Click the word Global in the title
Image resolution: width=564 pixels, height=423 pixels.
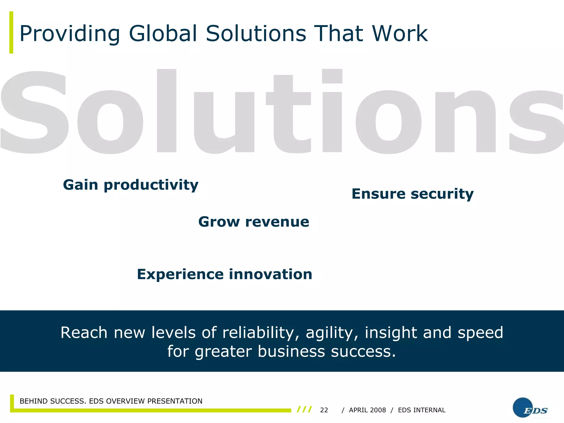click(x=163, y=34)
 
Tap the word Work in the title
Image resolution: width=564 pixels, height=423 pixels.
click(x=400, y=34)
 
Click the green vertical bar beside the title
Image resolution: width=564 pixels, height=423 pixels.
click(x=11, y=32)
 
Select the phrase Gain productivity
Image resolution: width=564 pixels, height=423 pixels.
click(x=131, y=185)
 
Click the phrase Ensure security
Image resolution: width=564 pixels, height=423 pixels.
click(x=413, y=194)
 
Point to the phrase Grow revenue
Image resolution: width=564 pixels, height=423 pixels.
click(x=254, y=222)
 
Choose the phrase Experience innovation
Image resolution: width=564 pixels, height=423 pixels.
click(x=224, y=275)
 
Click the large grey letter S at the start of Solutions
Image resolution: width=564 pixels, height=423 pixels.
click(x=34, y=113)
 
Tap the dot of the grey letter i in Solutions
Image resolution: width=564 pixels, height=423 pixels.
click(x=332, y=76)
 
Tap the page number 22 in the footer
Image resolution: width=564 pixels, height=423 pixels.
click(x=324, y=410)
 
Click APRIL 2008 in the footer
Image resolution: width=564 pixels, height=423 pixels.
click(x=367, y=410)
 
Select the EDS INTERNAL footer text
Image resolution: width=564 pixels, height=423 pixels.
click(x=422, y=410)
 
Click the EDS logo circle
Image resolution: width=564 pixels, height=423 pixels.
click(x=523, y=407)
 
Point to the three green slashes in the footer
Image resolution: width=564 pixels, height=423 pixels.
click(x=304, y=410)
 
